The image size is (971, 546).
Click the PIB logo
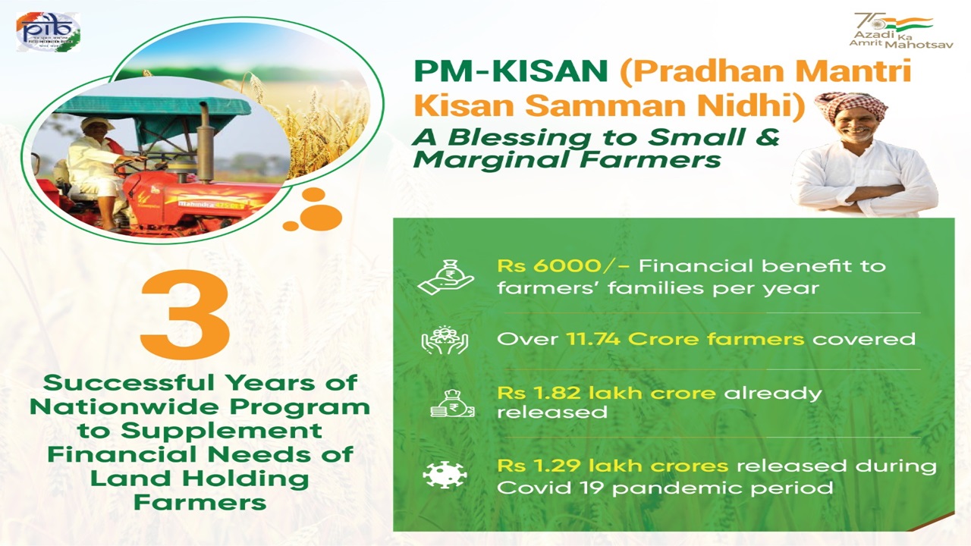tap(48, 32)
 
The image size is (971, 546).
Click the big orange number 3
tap(185, 315)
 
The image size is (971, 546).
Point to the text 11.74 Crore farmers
tap(686, 338)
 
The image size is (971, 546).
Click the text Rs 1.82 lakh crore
tap(606, 393)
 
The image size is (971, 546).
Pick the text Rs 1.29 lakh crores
tap(613, 465)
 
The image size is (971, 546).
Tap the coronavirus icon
tap(445, 475)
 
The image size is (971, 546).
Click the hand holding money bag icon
tap(445, 277)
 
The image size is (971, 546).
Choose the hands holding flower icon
tap(445, 339)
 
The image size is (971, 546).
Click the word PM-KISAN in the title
tap(511, 74)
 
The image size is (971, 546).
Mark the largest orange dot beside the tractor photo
tap(321, 217)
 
